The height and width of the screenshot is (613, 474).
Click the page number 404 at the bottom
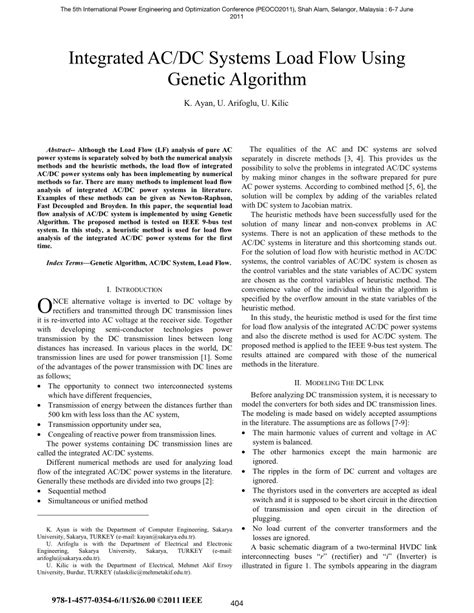coord(237,603)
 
